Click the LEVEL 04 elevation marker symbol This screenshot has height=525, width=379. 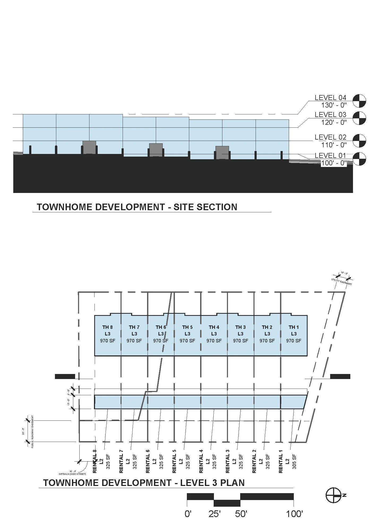tap(359, 101)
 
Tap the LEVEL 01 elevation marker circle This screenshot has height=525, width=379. tap(359, 159)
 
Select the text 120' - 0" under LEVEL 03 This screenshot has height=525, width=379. tap(334, 122)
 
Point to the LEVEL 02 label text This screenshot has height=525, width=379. tap(330, 137)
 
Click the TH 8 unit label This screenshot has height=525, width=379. tap(107, 327)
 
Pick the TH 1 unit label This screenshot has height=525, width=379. tap(294, 327)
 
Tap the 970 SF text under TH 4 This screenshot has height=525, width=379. tap(214, 341)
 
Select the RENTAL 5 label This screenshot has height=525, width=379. tap(174, 463)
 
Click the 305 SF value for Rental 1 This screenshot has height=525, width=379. tap(294, 462)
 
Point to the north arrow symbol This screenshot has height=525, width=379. tap(333, 495)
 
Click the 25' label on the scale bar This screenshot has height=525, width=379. tap(214, 514)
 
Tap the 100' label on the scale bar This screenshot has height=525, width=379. tap(294, 514)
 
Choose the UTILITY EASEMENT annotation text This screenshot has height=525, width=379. tap(342, 282)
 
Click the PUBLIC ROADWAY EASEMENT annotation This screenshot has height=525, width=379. tap(32, 431)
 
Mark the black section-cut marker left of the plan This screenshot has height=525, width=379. tap(65, 376)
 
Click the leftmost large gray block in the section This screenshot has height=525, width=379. tap(89, 147)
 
